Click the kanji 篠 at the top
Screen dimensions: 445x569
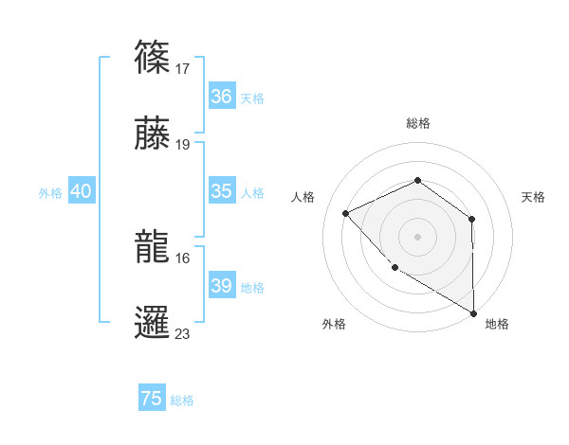click(153, 56)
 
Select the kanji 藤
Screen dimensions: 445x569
click(153, 133)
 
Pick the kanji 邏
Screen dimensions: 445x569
click(153, 322)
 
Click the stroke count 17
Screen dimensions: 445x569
click(184, 69)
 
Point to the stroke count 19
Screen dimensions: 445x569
click(184, 146)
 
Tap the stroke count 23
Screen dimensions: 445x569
click(184, 334)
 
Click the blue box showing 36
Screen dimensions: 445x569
click(222, 97)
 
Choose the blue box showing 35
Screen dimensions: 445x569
click(222, 191)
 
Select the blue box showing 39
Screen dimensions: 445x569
click(222, 286)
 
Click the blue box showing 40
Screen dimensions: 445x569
click(82, 191)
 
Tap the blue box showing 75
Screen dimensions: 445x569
click(152, 399)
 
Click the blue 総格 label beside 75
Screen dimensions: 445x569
click(182, 400)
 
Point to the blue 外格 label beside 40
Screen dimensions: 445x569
click(50, 193)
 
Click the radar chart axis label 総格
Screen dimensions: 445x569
click(417, 124)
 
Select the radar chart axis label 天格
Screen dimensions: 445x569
click(534, 197)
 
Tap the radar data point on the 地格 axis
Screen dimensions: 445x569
click(473, 312)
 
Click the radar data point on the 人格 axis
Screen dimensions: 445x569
click(346, 213)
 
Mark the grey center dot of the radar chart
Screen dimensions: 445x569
click(417, 236)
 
